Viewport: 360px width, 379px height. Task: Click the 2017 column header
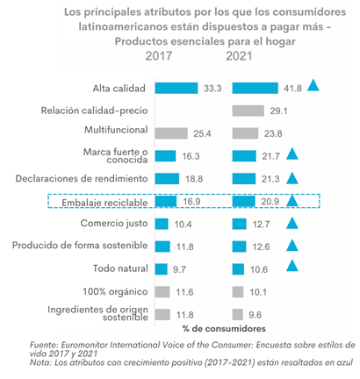[x=159, y=56]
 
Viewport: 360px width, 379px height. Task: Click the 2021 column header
[x=239, y=56]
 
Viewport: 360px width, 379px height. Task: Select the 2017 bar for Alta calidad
[x=176, y=88]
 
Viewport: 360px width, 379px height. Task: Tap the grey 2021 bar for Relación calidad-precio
[x=248, y=111]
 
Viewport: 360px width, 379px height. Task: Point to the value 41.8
[x=292, y=89]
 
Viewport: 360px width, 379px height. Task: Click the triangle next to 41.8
[x=313, y=85]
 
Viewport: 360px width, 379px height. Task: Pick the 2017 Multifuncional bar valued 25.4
[x=171, y=133]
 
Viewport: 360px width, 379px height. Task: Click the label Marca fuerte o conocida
[x=116, y=155]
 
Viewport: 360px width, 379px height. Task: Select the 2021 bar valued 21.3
[x=244, y=179]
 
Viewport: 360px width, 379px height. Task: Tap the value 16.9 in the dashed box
[x=191, y=202]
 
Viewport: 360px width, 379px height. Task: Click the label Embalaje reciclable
[x=104, y=203]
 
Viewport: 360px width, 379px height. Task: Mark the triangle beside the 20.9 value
[x=292, y=201]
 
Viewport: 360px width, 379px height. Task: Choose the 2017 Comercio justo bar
[x=162, y=224]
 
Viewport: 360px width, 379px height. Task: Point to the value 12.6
[x=261, y=247]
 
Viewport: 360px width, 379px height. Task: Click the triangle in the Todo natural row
[x=292, y=266]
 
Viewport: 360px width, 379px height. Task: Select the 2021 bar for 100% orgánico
[x=238, y=292]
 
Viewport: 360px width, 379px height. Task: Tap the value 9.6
[x=256, y=315]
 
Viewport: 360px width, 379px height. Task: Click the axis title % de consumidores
[x=224, y=329]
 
